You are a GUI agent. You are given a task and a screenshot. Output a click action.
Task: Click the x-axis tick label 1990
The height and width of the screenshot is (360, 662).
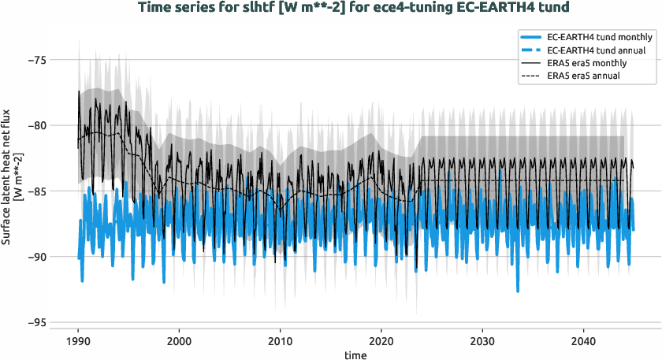pyautogui.click(x=78, y=341)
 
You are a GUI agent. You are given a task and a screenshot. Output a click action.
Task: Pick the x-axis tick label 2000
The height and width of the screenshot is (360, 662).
pyautogui.click(x=179, y=341)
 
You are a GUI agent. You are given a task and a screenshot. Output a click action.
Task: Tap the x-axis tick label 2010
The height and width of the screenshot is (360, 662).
pyautogui.click(x=280, y=341)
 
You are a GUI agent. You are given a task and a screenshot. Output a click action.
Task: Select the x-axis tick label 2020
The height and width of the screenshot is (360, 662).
pyautogui.click(x=381, y=341)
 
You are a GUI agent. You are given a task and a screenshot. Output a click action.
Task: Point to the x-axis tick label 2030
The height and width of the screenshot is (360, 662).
pyautogui.click(x=482, y=341)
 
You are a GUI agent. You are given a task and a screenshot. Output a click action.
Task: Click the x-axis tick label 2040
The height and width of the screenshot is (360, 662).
pyautogui.click(x=582, y=341)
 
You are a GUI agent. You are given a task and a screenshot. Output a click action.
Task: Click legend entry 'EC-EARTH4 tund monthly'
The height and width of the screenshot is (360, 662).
pyautogui.click(x=599, y=37)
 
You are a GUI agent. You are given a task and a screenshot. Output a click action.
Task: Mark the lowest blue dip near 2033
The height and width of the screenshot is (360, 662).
pyautogui.click(x=518, y=291)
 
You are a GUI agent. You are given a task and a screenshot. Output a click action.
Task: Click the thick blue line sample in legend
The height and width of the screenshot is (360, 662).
pyautogui.click(x=540, y=37)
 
